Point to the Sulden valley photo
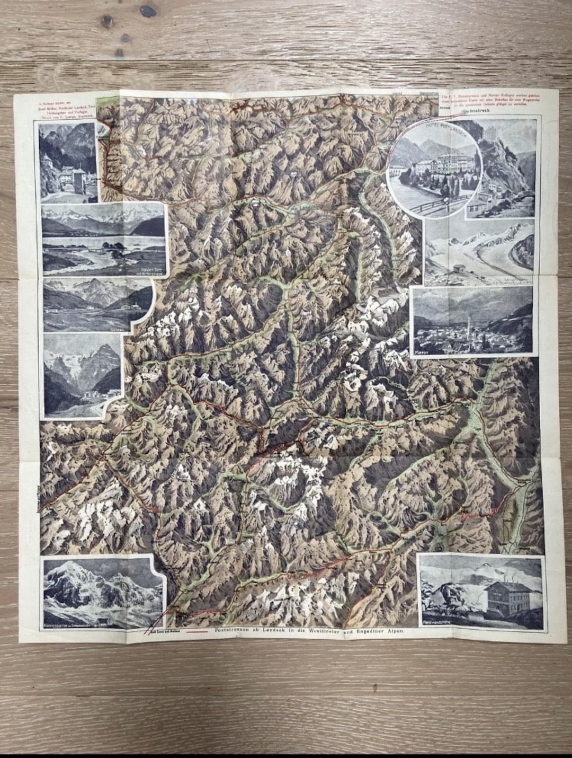95,304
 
